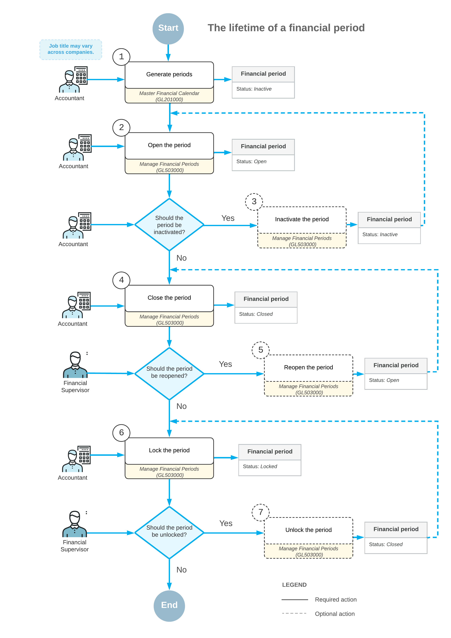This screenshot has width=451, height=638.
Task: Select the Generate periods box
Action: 169,74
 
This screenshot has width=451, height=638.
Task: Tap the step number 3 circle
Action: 254,202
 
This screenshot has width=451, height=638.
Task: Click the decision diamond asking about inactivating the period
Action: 169,225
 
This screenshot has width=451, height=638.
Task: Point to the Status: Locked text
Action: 260,467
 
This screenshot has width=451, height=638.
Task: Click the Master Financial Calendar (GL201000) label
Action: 169,96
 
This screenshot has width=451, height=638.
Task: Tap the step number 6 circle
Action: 121,433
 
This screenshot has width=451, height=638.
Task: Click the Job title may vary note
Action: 71,49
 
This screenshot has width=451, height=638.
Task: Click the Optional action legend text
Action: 335,614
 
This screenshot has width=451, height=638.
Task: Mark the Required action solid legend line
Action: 295,600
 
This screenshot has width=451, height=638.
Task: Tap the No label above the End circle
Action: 181,570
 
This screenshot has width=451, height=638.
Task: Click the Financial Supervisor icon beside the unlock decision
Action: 74,524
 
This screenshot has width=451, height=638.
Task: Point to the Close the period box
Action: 169,298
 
